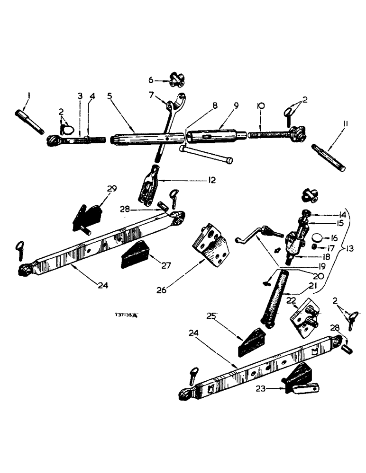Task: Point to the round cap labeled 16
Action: point(317,237)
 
